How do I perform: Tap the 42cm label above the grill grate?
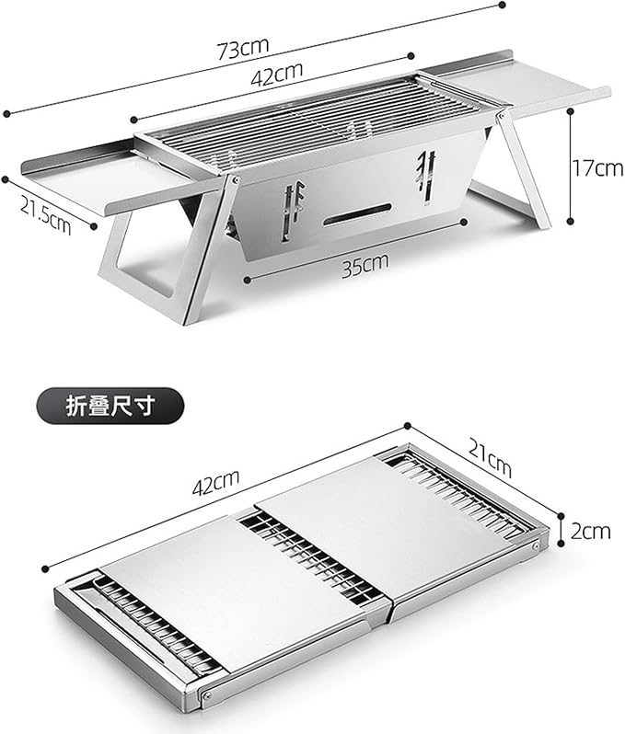276,74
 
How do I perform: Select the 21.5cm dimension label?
45,214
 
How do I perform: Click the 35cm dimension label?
365,265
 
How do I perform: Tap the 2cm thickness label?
590,531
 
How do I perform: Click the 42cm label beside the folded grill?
215,482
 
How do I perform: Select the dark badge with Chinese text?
110,406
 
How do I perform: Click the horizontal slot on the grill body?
357,213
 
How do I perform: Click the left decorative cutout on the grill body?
293,212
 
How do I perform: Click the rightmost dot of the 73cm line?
502,6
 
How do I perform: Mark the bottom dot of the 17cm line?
570,221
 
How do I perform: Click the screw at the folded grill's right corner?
536,545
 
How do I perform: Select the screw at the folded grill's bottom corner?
206,695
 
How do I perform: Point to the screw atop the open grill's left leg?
234,178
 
